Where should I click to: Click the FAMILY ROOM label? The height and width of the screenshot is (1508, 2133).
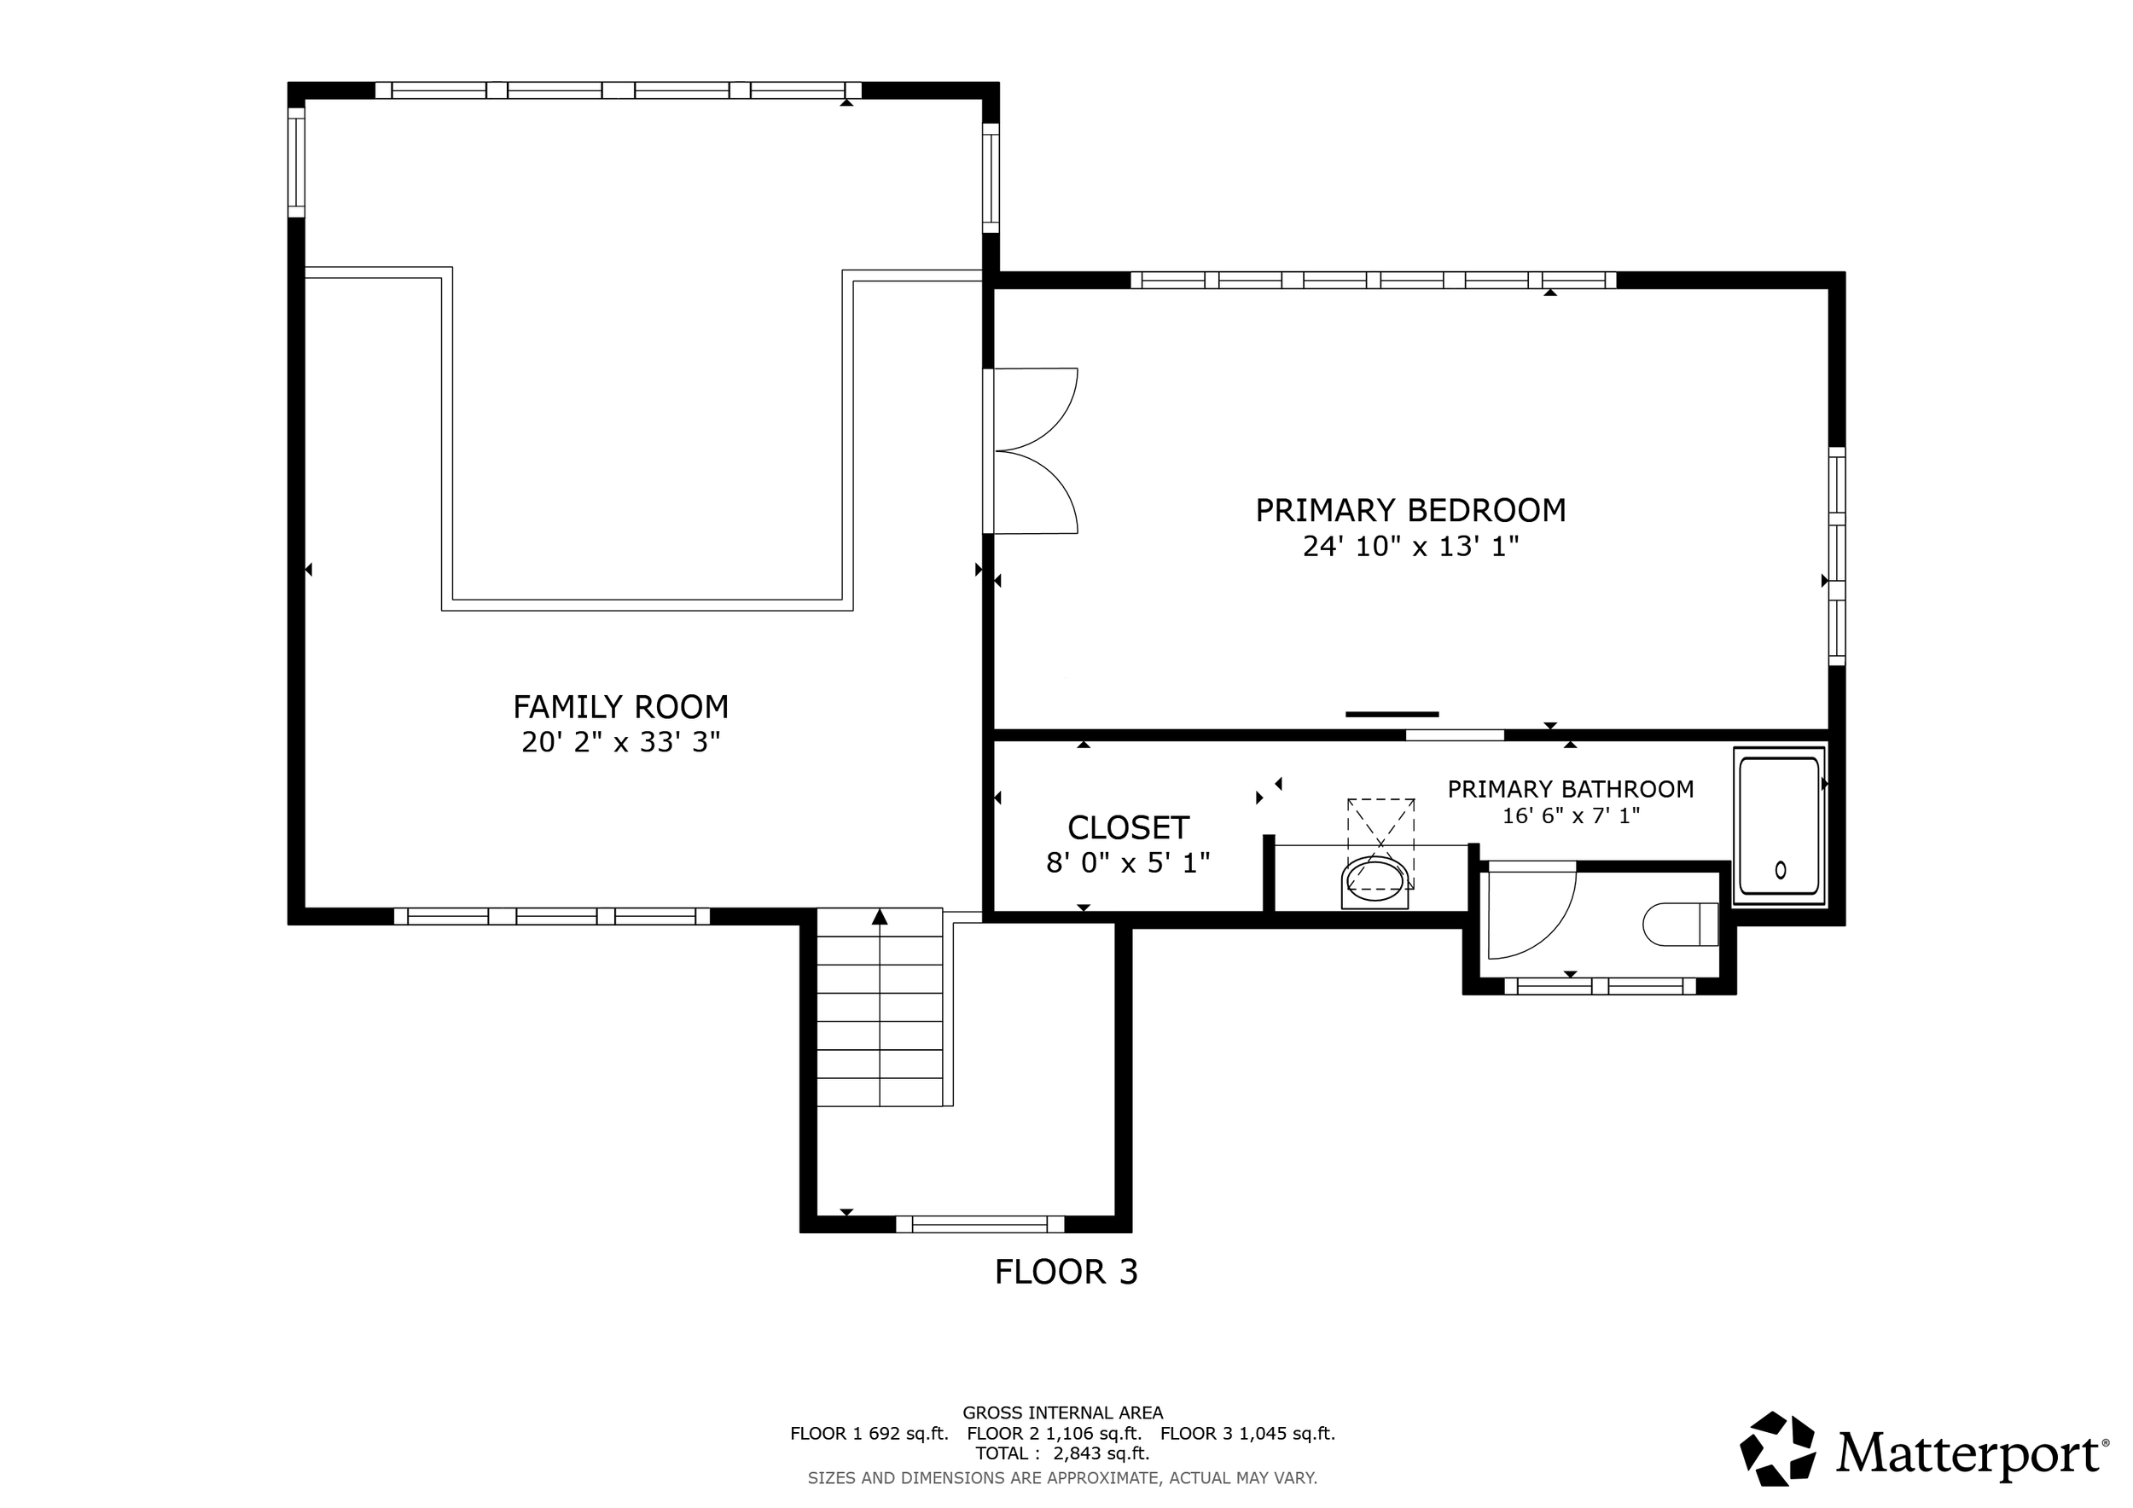pyautogui.click(x=620, y=708)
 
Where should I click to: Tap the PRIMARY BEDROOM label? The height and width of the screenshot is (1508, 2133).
pyautogui.click(x=1410, y=511)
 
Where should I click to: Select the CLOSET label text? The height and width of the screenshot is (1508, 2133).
pyautogui.click(x=1128, y=827)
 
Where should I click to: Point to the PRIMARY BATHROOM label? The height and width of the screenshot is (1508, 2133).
pyautogui.click(x=1570, y=789)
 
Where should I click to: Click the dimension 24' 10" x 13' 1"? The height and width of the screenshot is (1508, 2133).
pyautogui.click(x=1410, y=546)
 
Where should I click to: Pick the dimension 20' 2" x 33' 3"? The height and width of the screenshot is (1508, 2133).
pyautogui.click(x=620, y=742)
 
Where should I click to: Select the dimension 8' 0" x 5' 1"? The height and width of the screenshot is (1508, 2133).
pyautogui.click(x=1128, y=863)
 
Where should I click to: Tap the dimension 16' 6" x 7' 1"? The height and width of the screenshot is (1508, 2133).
pyautogui.click(x=1570, y=816)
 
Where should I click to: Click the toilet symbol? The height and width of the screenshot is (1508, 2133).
pyautogui.click(x=1680, y=924)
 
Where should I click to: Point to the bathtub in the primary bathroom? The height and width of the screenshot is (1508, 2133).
pyautogui.click(x=1779, y=826)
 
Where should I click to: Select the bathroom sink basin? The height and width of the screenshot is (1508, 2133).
pyautogui.click(x=1375, y=879)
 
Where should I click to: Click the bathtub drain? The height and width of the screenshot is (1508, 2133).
pyautogui.click(x=1780, y=870)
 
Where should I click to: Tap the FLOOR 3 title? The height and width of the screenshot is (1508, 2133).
pyautogui.click(x=1066, y=1271)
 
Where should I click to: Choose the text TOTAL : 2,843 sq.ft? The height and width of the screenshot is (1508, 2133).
pyautogui.click(x=1062, y=1453)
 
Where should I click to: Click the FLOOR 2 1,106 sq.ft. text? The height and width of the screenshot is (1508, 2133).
pyautogui.click(x=1054, y=1433)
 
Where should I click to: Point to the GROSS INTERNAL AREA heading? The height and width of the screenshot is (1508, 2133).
pyautogui.click(x=1062, y=1412)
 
